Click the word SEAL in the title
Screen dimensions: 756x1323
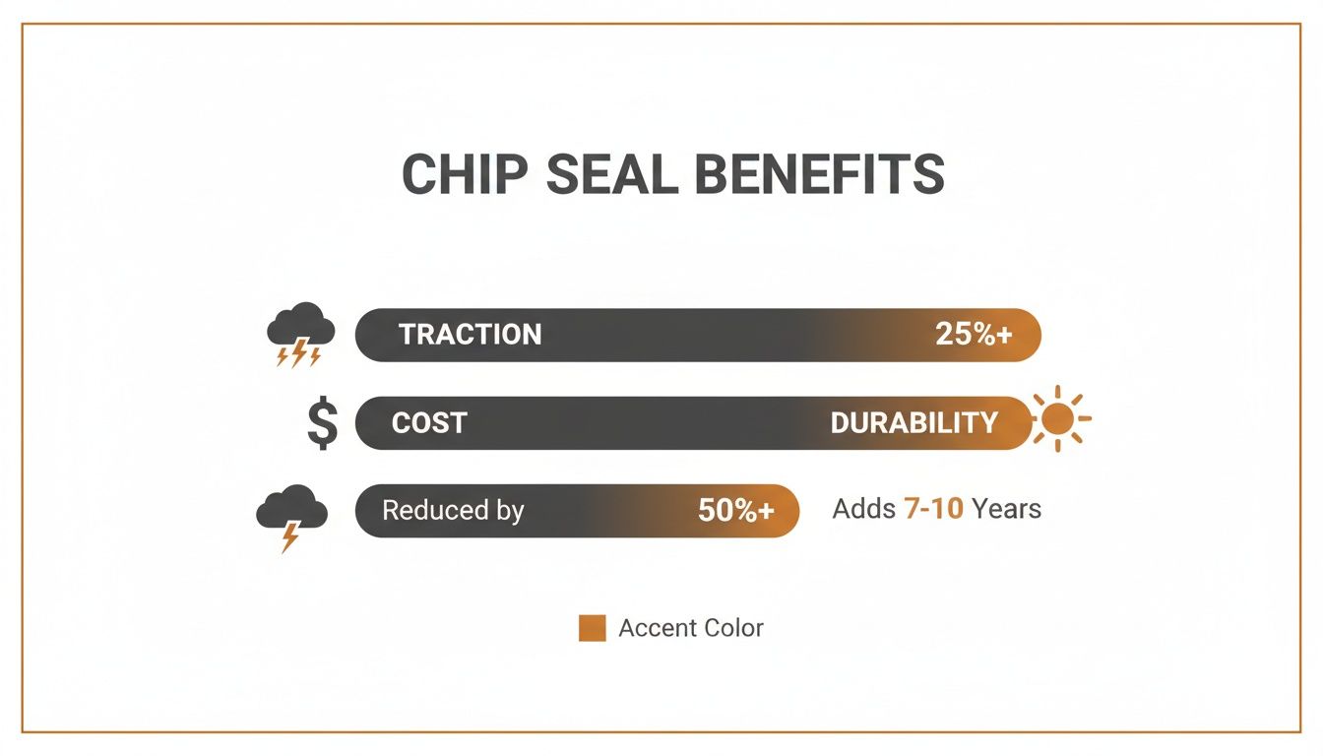click(611, 175)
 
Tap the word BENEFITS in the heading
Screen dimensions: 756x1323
click(820, 175)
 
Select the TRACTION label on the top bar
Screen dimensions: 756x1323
click(470, 335)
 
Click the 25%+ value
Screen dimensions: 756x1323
click(974, 335)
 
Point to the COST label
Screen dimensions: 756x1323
click(429, 423)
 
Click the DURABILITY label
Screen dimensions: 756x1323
click(913, 423)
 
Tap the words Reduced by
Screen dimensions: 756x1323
click(453, 511)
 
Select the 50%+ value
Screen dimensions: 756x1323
click(736, 511)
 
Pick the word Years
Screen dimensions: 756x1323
click(1006, 509)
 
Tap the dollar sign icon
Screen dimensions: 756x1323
click(322, 424)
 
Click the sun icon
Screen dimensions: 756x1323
click(1058, 419)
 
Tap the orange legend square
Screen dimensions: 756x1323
click(592, 628)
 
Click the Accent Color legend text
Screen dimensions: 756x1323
click(690, 628)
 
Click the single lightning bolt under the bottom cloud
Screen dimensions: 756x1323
click(290, 537)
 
